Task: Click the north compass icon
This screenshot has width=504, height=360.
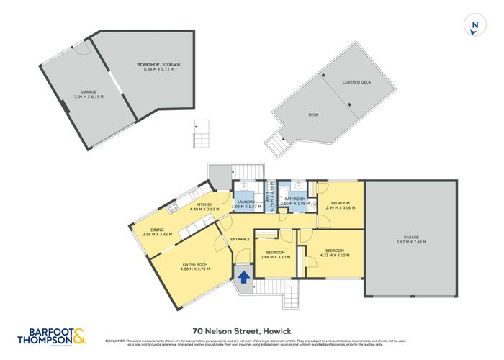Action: [474, 26]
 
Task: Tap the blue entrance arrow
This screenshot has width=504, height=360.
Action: [243, 276]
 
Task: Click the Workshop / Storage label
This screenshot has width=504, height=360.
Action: [158, 65]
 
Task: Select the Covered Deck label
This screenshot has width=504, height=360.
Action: [356, 82]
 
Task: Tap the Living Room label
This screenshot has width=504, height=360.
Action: [195, 264]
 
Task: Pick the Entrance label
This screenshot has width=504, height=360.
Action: [240, 239]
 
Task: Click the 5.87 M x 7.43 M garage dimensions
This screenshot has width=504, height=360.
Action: [410, 243]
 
